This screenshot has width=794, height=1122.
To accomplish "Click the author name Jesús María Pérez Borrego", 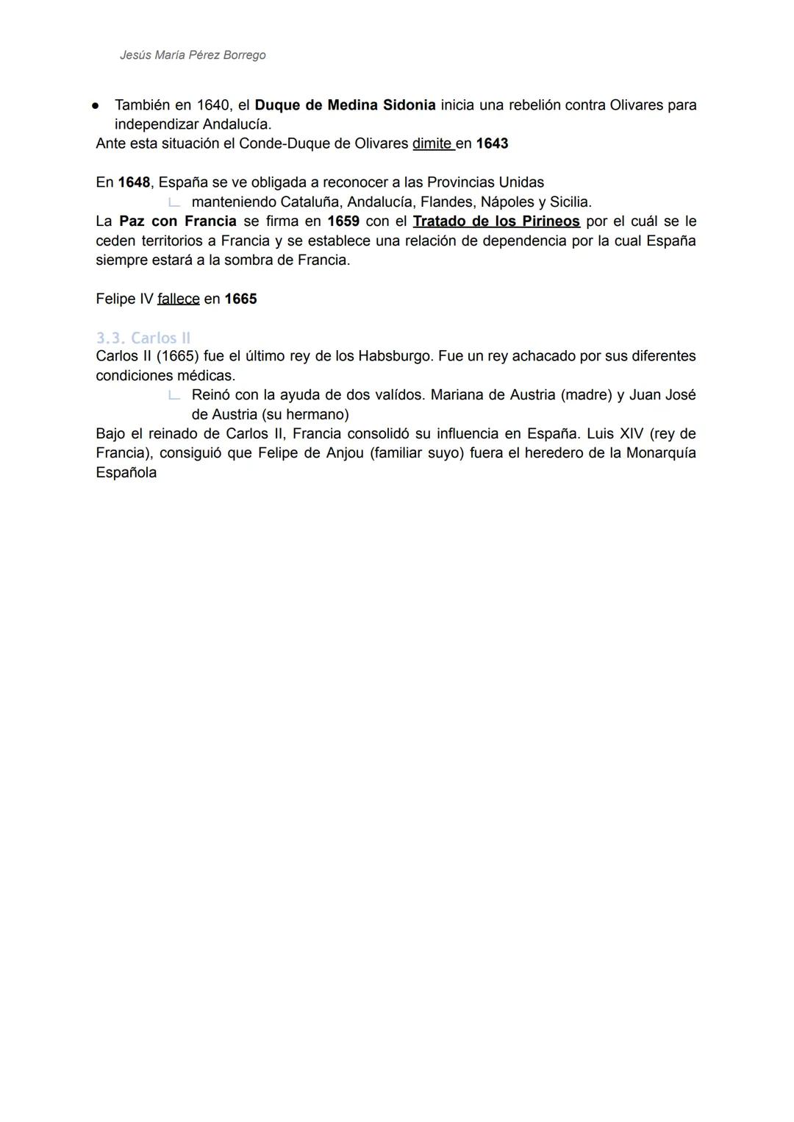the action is pyautogui.click(x=193, y=55).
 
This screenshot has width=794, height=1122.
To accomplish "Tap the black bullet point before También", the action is pyautogui.click(x=96, y=106).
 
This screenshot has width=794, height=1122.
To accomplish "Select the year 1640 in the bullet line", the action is pyautogui.click(x=213, y=105).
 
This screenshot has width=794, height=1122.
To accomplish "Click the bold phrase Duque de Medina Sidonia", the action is pyautogui.click(x=345, y=105).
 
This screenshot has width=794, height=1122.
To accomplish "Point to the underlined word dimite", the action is pyautogui.click(x=432, y=143).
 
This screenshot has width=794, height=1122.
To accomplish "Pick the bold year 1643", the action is pyautogui.click(x=492, y=143).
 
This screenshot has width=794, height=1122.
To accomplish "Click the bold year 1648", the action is pyautogui.click(x=134, y=182).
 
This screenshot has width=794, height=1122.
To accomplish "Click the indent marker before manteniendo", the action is pyautogui.click(x=174, y=202).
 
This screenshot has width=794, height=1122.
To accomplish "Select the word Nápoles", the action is pyautogui.click(x=507, y=202).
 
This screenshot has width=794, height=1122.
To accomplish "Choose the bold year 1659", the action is pyautogui.click(x=343, y=221).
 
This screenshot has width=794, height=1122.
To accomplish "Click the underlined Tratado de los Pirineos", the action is pyautogui.click(x=496, y=221).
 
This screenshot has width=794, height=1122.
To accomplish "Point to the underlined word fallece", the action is pyautogui.click(x=179, y=299).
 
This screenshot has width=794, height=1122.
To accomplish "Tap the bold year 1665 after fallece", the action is pyautogui.click(x=240, y=299).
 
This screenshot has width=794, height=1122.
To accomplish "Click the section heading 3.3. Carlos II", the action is pyautogui.click(x=143, y=338).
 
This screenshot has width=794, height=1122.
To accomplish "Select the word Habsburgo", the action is pyautogui.click(x=393, y=356).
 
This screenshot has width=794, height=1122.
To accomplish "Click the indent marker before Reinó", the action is pyautogui.click(x=174, y=395).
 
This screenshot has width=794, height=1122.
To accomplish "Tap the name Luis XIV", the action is pyautogui.click(x=615, y=433).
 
